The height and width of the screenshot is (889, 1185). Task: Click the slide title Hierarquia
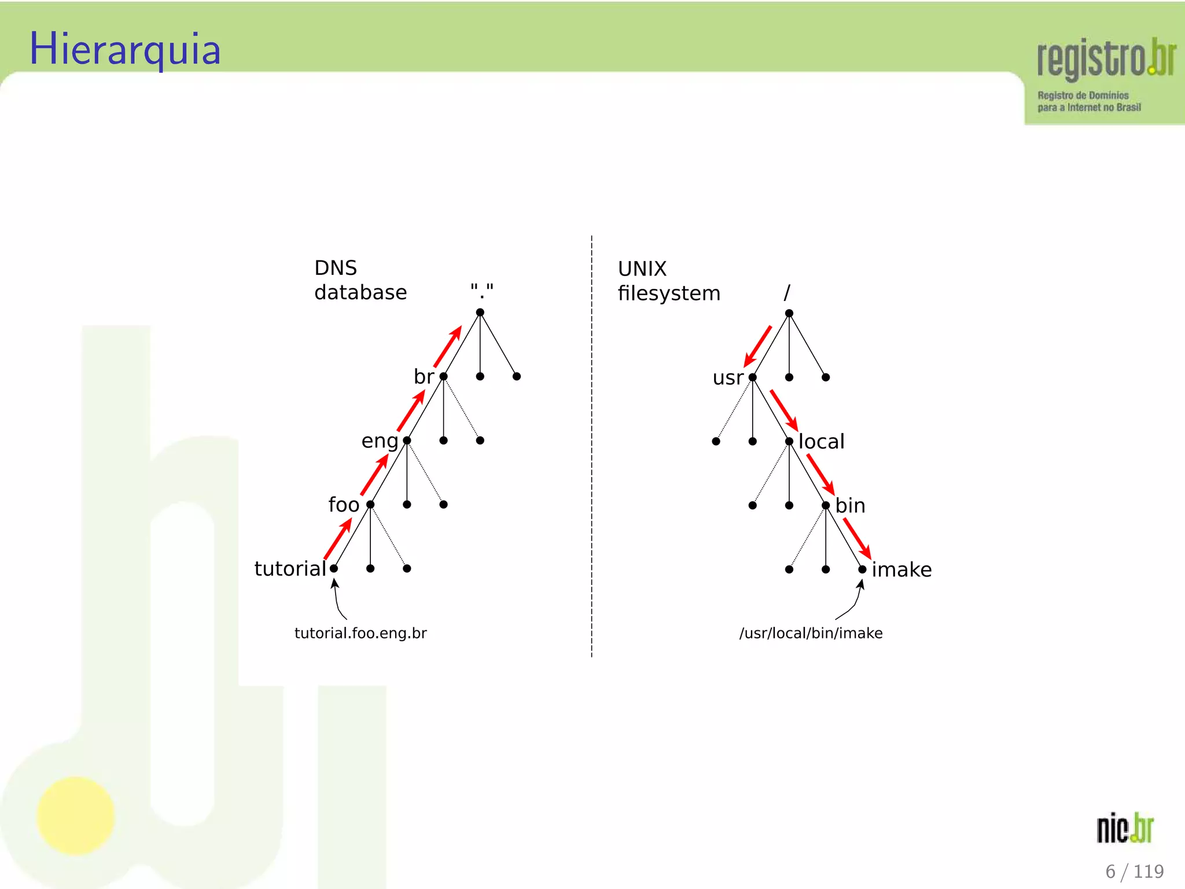tap(125, 49)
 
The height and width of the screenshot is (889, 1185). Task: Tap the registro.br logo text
tap(1106, 58)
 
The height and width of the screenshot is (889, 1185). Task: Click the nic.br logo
tap(1125, 828)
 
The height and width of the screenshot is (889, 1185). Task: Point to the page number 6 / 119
tap(1134, 871)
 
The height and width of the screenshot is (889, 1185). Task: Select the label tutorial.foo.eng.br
tap(360, 633)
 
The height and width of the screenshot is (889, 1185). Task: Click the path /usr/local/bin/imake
tap(811, 633)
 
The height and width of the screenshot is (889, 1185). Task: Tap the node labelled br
tap(444, 377)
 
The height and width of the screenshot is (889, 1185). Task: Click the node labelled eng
tap(407, 441)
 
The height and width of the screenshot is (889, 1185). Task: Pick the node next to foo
tap(370, 505)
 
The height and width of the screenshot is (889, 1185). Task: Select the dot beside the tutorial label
tap(334, 568)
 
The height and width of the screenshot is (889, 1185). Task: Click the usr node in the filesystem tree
tap(752, 377)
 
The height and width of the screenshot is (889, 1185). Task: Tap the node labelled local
tap(789, 442)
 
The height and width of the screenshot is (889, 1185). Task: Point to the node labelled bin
tap(826, 505)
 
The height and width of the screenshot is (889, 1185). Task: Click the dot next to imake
tap(862, 570)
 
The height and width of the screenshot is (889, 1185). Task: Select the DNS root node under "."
tap(480, 313)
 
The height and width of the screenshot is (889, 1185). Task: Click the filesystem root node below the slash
tap(789, 313)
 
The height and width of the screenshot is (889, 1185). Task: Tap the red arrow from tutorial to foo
tap(338, 538)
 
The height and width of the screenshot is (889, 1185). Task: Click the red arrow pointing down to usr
tap(757, 346)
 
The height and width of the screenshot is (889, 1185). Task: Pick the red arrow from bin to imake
tap(857, 538)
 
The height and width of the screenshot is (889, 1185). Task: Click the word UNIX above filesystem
tap(642, 269)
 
